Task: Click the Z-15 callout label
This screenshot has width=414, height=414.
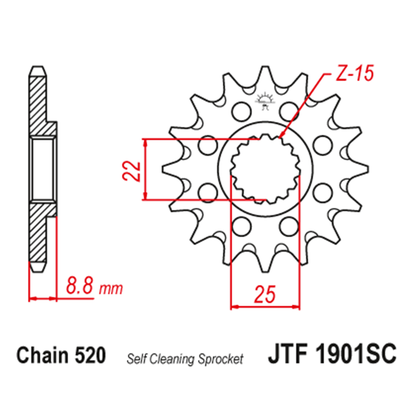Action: (354, 73)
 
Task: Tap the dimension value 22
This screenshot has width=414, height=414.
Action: (132, 171)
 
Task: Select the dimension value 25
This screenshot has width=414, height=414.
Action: (265, 294)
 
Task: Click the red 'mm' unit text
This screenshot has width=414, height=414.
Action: (111, 289)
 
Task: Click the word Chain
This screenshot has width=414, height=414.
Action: (43, 355)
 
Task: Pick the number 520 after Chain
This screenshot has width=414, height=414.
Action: (90, 355)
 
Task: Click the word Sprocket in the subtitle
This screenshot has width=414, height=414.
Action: (221, 359)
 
